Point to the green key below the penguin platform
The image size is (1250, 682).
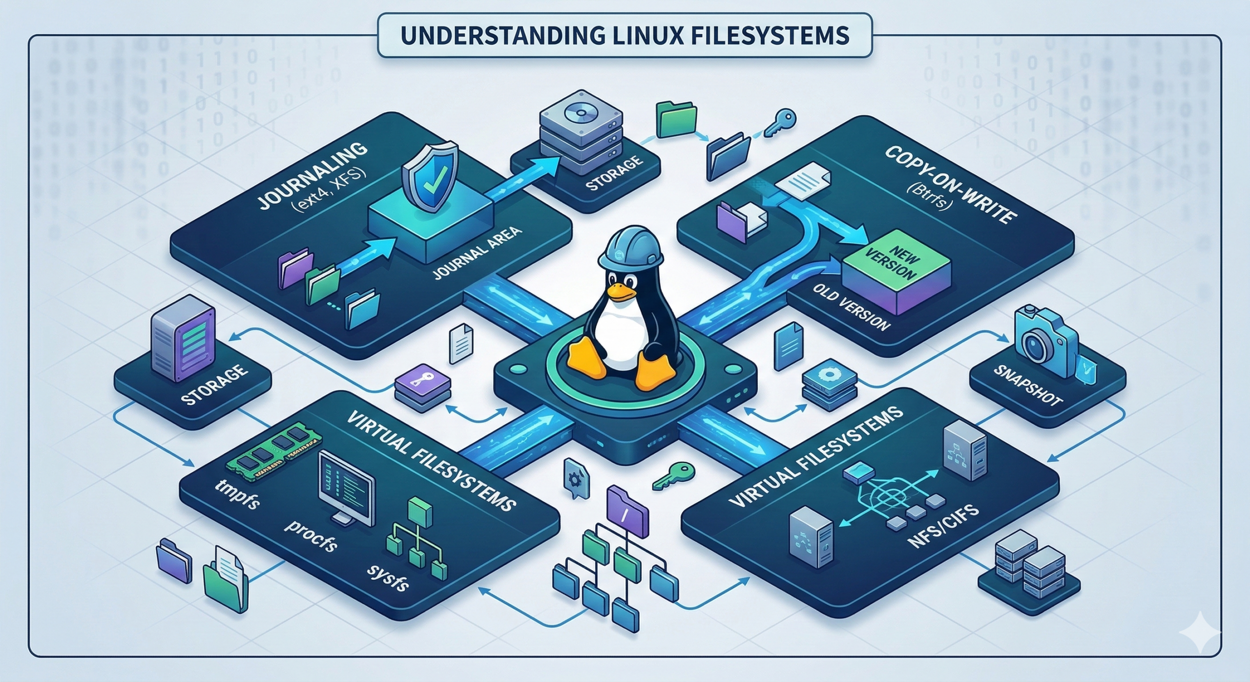672,476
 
